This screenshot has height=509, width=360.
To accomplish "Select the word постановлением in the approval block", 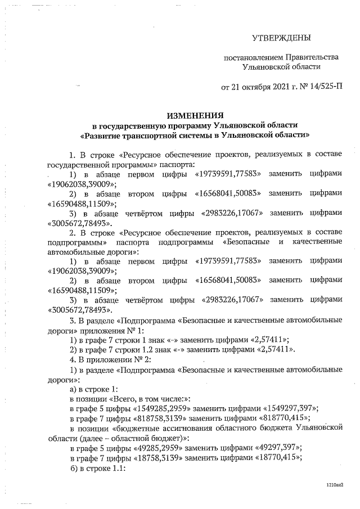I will pyautogui.click(x=253, y=57).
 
